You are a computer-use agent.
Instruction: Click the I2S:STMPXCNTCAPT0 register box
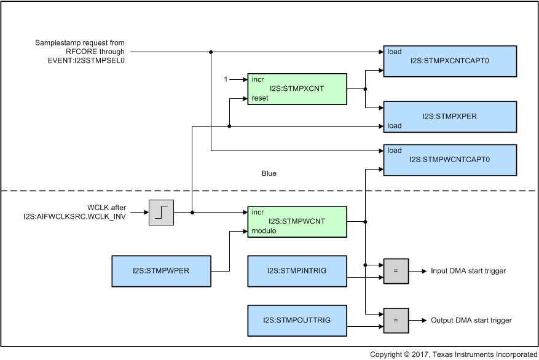pyautogui.click(x=449, y=61)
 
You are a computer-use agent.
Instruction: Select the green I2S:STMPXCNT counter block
pyautogui.click(x=296, y=89)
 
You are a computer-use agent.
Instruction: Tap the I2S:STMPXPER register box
pyautogui.click(x=449, y=116)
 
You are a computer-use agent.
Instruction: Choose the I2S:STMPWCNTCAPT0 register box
pyautogui.click(x=449, y=159)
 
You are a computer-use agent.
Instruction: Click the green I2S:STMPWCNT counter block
pyautogui.click(x=296, y=221)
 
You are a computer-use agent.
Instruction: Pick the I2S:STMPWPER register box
pyautogui.click(x=162, y=271)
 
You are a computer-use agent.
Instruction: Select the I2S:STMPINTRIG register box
pyautogui.click(x=296, y=271)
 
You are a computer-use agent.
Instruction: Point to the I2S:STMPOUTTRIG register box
pyautogui.click(x=296, y=320)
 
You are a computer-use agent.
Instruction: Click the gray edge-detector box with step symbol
pyautogui.click(x=162, y=213)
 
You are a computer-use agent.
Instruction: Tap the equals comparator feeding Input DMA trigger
pyautogui.click(x=396, y=271)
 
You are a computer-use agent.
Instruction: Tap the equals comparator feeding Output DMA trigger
pyautogui.click(x=396, y=320)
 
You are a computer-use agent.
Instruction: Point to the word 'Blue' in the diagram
pyautogui.click(x=269, y=173)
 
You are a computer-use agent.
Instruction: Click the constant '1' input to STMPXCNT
pyautogui.click(x=226, y=80)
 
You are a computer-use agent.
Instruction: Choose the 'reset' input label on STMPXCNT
pyautogui.click(x=260, y=98)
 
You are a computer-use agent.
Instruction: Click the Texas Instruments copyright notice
pyautogui.click(x=453, y=354)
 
